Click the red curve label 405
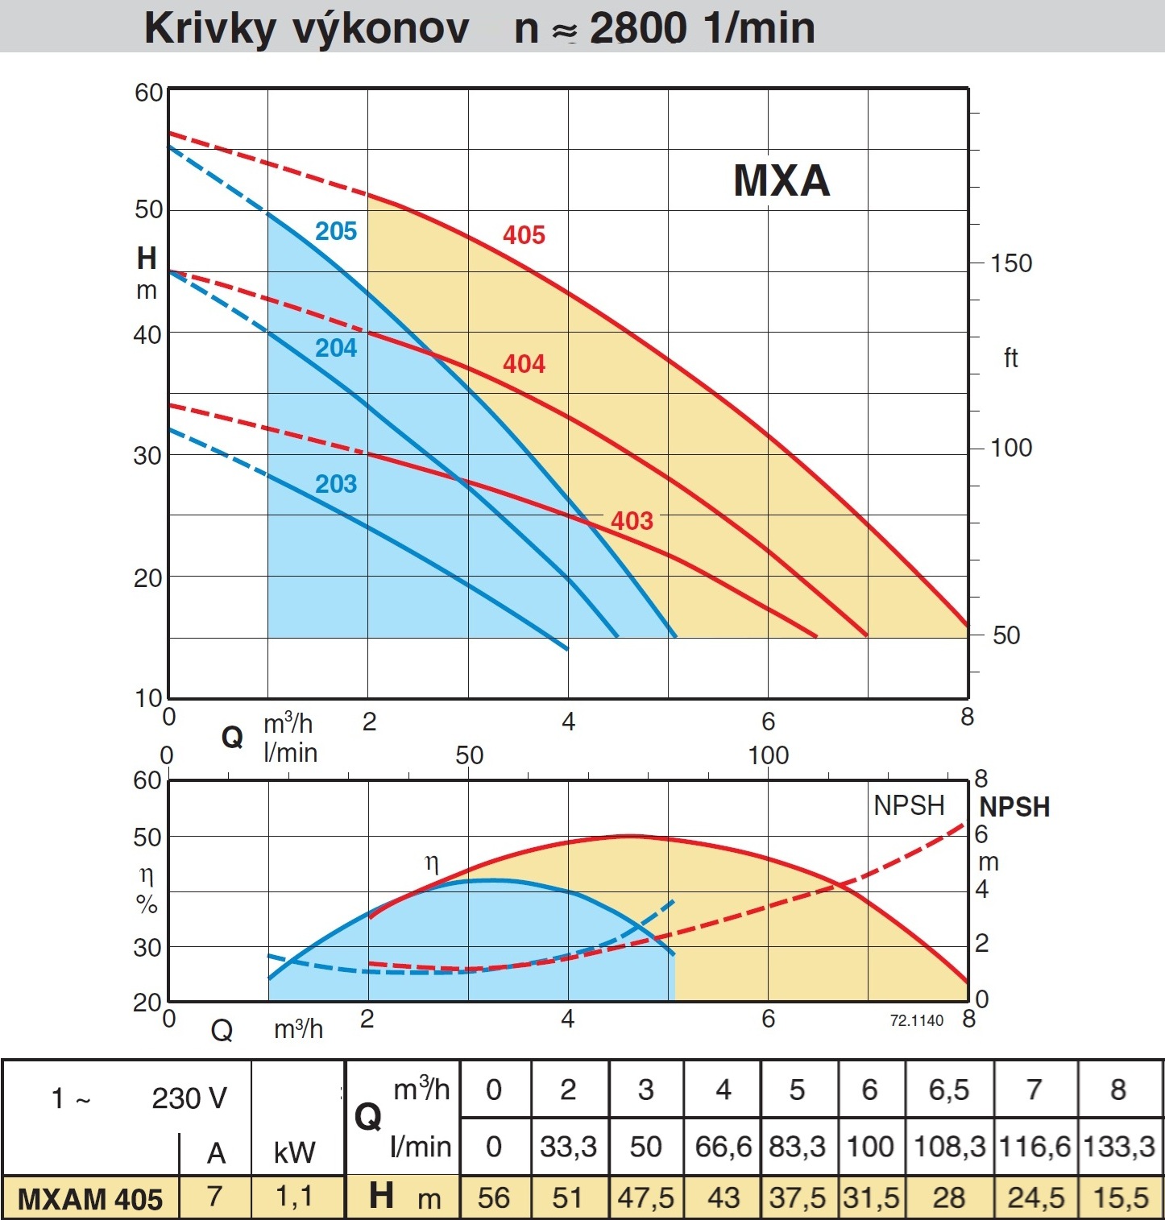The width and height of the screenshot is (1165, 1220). (x=524, y=235)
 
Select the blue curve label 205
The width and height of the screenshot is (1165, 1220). (x=335, y=232)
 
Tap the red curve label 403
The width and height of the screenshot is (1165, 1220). (x=632, y=521)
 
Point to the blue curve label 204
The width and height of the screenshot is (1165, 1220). (x=335, y=348)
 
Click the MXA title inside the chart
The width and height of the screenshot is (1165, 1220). (x=781, y=180)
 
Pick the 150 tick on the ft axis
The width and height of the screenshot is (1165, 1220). (x=1011, y=263)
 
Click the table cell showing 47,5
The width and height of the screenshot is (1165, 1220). (x=645, y=1197)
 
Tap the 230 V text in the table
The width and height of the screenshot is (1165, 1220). (x=189, y=1098)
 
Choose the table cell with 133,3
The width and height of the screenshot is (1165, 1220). (x=1119, y=1146)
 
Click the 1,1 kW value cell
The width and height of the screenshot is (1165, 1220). (x=294, y=1197)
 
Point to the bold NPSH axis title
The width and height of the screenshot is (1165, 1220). (x=1014, y=807)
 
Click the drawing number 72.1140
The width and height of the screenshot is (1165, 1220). (x=916, y=1020)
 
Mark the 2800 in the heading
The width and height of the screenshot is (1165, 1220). (x=637, y=28)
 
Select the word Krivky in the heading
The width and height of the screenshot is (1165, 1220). (x=209, y=28)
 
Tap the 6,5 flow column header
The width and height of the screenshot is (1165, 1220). (x=948, y=1090)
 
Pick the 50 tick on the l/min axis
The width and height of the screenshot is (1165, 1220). (x=469, y=755)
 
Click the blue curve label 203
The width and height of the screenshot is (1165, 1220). (x=335, y=484)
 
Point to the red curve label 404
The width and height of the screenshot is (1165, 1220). (x=524, y=364)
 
